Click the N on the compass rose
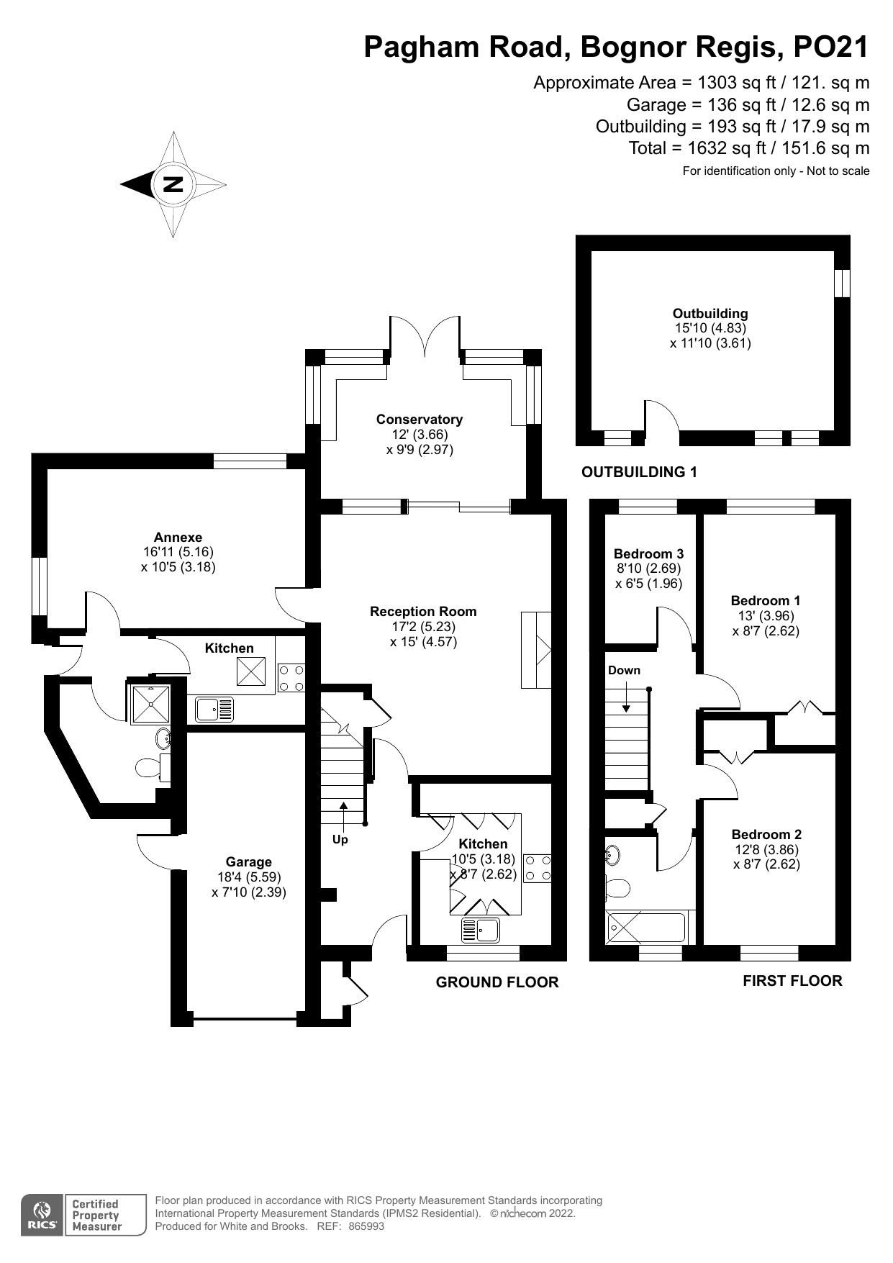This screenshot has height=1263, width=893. pyautogui.click(x=173, y=184)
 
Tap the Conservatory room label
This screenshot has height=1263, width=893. pyautogui.click(x=419, y=420)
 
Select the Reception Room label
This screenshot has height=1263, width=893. pyautogui.click(x=423, y=612)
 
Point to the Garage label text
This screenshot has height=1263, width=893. pyautogui.click(x=248, y=862)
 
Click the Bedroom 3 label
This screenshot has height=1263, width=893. pyautogui.click(x=648, y=554)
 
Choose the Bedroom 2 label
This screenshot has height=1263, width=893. pyautogui.click(x=766, y=835)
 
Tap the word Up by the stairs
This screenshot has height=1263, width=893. pyautogui.click(x=340, y=839)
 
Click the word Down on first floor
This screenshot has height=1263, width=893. pyautogui.click(x=624, y=671)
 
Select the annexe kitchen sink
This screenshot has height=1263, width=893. pyautogui.click(x=214, y=710)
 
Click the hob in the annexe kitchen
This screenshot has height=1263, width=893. pyautogui.click(x=291, y=677)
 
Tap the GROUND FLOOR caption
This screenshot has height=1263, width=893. pyautogui.click(x=497, y=982)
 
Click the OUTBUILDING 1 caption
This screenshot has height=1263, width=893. pyautogui.click(x=639, y=472)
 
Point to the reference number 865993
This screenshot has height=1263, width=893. pyautogui.click(x=366, y=1226)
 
